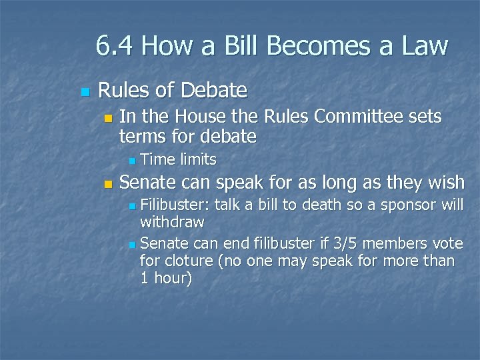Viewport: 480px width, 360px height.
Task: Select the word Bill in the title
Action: point(242,47)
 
